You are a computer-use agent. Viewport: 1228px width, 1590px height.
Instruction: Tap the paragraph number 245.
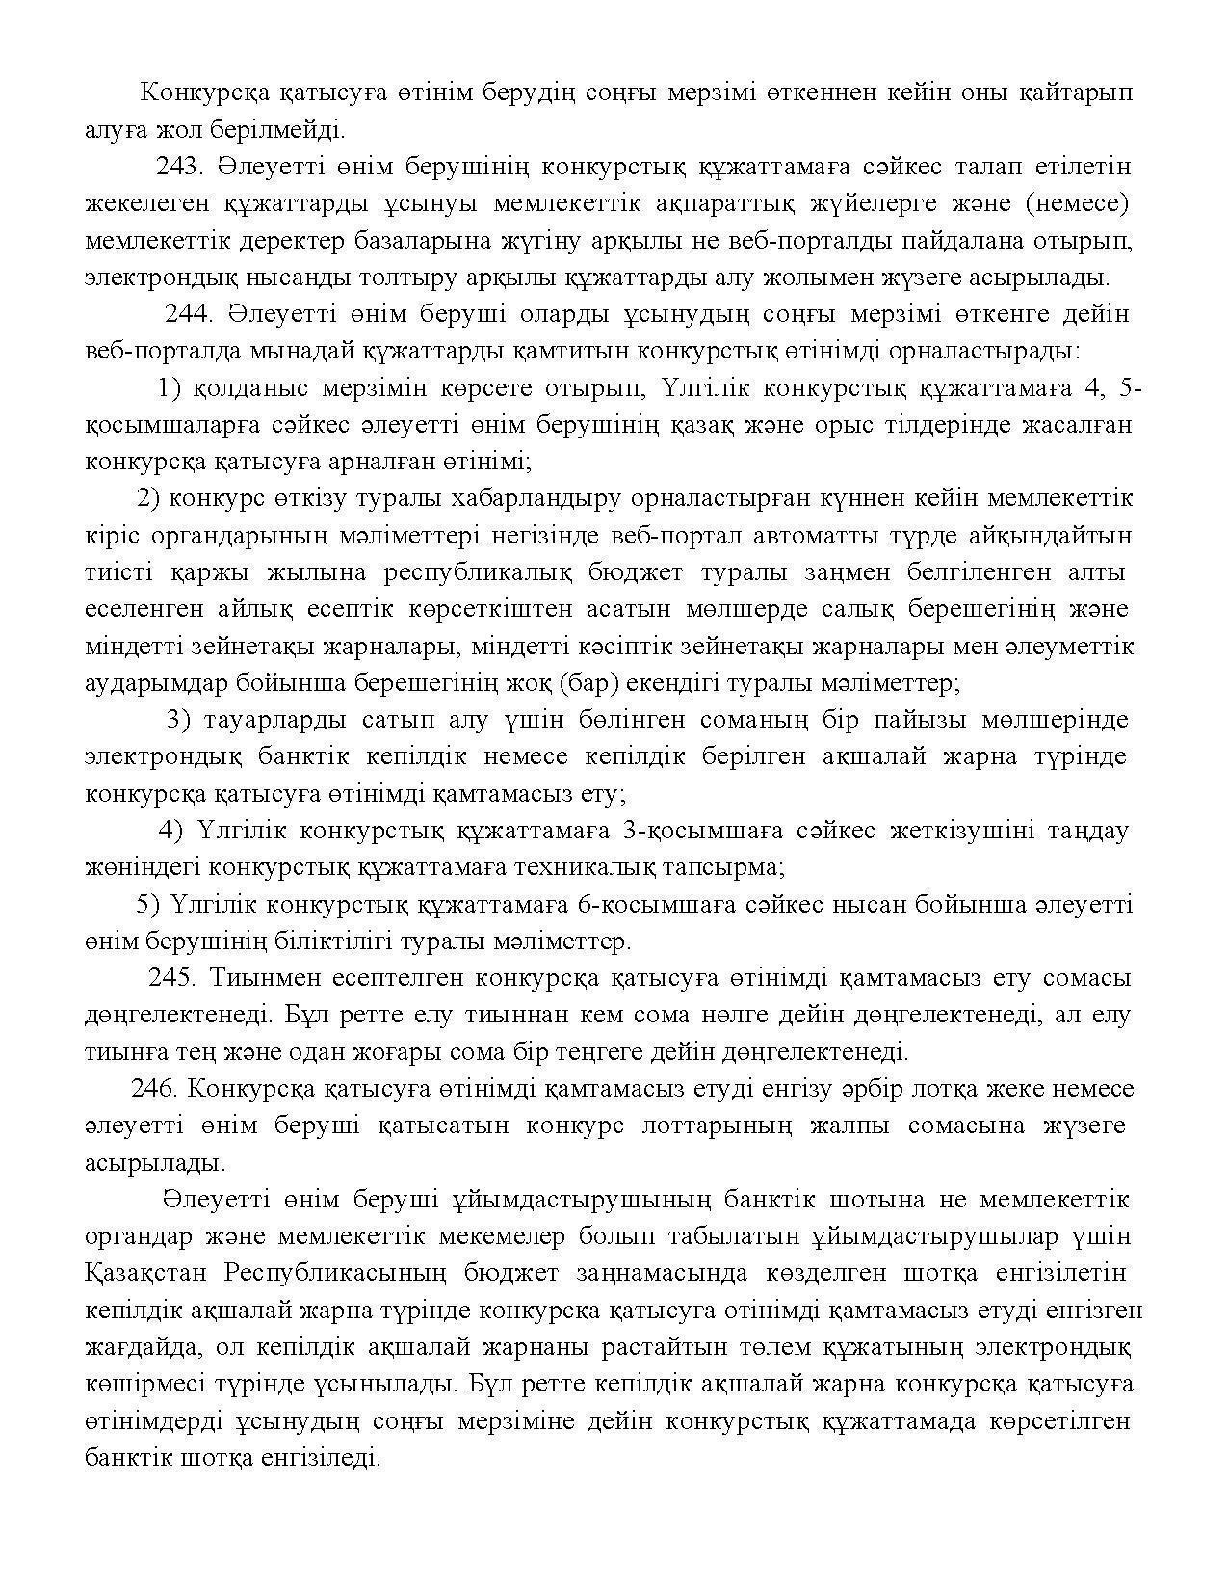tap(172, 978)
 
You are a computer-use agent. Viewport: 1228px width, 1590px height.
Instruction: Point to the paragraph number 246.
tap(154, 1089)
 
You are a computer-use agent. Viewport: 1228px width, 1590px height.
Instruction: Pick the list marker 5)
tap(148, 905)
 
